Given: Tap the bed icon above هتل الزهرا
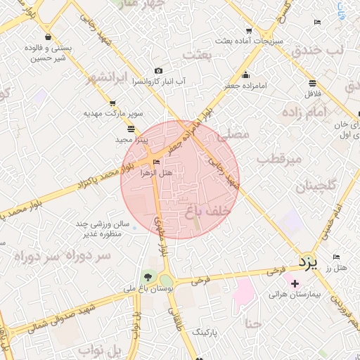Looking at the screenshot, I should point(155,162).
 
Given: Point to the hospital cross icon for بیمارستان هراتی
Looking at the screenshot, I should point(295,283).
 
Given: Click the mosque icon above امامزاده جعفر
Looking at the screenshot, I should point(245,75).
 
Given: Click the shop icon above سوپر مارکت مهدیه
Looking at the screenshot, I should point(104,103).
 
